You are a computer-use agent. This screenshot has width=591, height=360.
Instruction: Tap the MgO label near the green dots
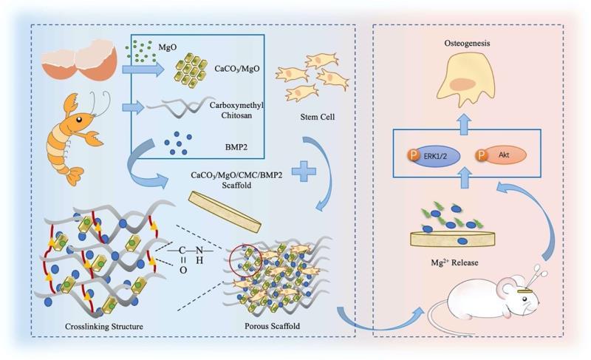[167, 48]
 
